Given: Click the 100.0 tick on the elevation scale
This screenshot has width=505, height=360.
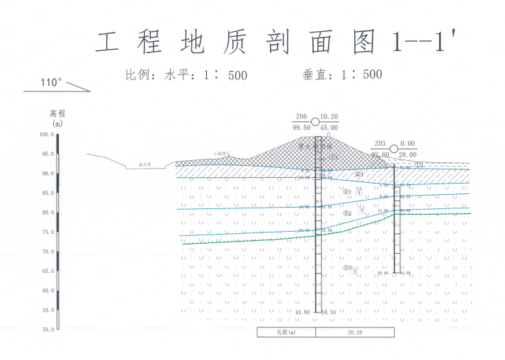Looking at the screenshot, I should point(46,134).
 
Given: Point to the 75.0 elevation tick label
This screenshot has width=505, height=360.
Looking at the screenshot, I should point(46,232).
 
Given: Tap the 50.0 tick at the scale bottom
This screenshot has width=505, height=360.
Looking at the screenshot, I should point(46,330).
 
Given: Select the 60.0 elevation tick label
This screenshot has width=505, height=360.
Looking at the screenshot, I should point(46,291).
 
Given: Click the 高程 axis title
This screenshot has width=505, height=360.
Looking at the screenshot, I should point(57,113).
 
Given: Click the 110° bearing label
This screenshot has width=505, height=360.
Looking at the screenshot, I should point(51,83).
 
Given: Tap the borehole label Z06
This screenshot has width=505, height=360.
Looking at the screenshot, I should point(301,116).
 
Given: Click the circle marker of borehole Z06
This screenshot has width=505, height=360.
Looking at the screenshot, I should point(315,122).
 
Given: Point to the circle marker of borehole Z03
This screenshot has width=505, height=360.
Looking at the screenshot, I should point(395,148).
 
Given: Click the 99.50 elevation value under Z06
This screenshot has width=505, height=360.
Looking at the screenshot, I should point(301,128).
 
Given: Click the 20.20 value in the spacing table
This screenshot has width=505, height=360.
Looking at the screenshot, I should point(355,332).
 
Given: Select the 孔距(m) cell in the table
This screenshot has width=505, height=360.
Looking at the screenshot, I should point(285,332).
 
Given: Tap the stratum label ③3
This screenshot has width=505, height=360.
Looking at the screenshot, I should point(347,268).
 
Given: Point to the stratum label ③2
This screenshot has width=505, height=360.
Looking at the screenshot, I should point(347,213).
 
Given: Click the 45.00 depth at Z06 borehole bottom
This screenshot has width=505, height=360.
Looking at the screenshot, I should point(302,313).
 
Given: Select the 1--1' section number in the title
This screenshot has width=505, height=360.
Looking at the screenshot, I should point(421,43).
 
